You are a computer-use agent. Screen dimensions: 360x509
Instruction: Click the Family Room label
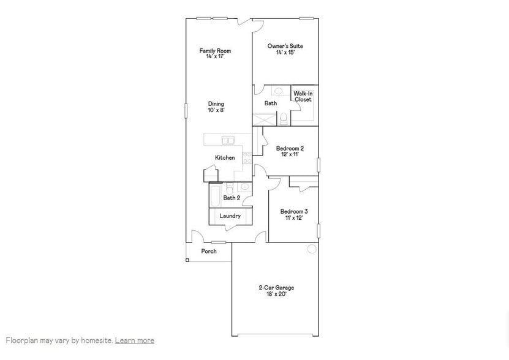pyautogui.click(x=216, y=50)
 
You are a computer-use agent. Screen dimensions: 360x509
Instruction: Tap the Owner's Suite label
pyautogui.click(x=285, y=46)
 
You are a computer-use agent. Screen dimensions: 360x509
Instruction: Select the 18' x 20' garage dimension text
pyautogui.click(x=276, y=294)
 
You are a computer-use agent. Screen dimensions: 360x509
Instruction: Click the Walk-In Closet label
pyautogui.click(x=303, y=96)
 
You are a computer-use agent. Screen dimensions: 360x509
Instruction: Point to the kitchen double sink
pyautogui.click(x=228, y=140)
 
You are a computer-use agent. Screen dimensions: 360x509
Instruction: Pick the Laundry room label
pyautogui.click(x=230, y=216)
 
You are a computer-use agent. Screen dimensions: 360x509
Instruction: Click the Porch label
pyautogui.click(x=209, y=251)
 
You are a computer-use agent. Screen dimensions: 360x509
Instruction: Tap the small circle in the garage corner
pyautogui.click(x=312, y=249)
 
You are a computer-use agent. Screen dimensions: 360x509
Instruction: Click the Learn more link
pyautogui.click(x=134, y=340)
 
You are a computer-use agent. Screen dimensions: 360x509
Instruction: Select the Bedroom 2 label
pyautogui.click(x=289, y=148)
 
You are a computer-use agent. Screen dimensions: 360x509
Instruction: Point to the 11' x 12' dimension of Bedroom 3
pyautogui.click(x=293, y=217)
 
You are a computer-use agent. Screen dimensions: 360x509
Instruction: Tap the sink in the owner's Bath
pyautogui.click(x=279, y=91)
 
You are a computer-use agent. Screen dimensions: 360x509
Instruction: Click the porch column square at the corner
pyautogui.click(x=187, y=260)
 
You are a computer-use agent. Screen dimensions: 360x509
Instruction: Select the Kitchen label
pyautogui.click(x=225, y=157)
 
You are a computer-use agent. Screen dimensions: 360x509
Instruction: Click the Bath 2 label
pyautogui.click(x=232, y=198)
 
